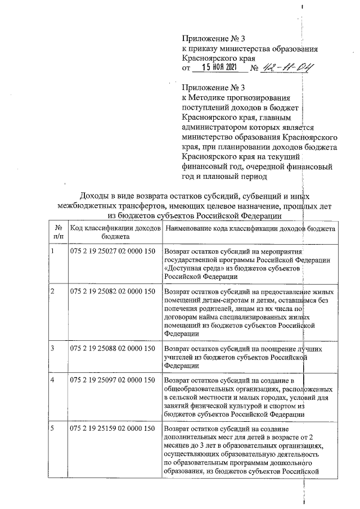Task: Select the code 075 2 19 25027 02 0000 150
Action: pyautogui.click(x=112, y=252)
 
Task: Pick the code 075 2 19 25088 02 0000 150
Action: pyautogui.click(x=112, y=348)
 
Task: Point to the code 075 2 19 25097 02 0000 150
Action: pyautogui.click(x=112, y=380)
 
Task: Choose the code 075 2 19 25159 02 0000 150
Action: pyautogui.click(x=112, y=429)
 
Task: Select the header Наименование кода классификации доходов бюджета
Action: pyautogui.click(x=250, y=229)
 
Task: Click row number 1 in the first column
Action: pyautogui.click(x=52, y=252)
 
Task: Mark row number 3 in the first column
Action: pyautogui.click(x=52, y=348)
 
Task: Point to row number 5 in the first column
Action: pyautogui.click(x=52, y=429)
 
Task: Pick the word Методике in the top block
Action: pyautogui.click(x=209, y=97)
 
